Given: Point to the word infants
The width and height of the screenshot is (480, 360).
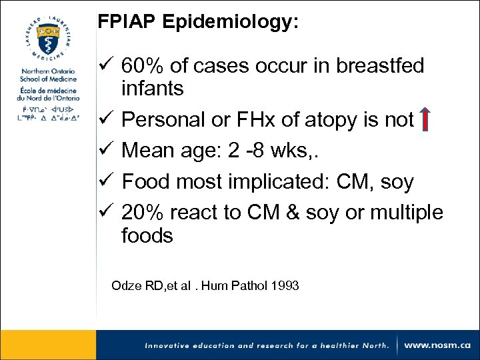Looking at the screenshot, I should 153,89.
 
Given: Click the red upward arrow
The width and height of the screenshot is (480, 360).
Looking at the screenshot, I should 425,119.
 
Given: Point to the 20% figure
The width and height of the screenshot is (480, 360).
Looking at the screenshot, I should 144,213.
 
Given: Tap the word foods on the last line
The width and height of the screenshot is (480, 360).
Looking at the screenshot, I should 147,236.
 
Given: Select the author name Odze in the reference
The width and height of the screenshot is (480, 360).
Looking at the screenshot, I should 125,286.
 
